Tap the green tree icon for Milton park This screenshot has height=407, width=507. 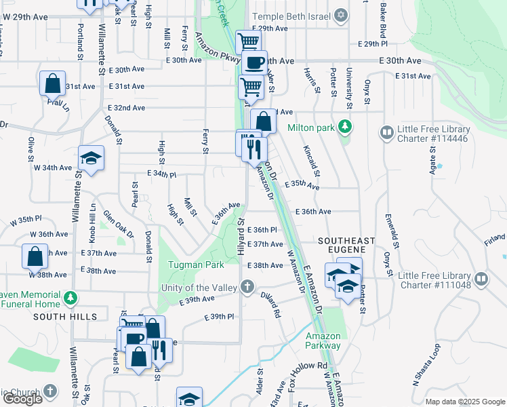click(345, 127)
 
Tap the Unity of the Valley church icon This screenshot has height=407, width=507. click(247, 287)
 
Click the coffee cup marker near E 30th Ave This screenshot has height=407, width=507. click(255, 63)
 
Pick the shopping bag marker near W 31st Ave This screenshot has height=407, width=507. click(52, 83)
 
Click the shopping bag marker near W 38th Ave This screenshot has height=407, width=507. click(35, 257)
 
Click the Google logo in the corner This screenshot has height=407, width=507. click(22, 399)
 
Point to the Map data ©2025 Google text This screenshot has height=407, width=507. click(464, 402)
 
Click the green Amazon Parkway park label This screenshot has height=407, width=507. click(323, 341)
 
